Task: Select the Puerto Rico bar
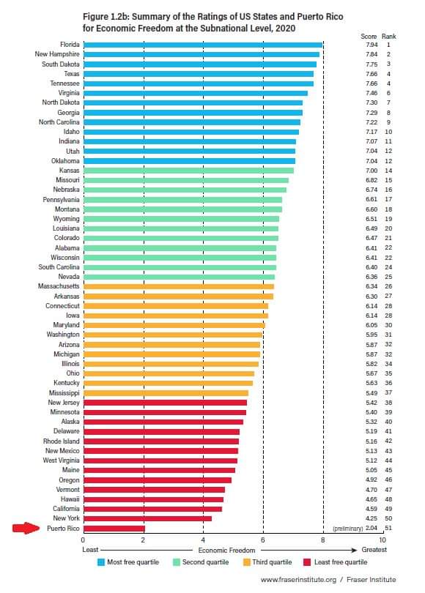(114, 528)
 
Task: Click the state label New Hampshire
(57, 54)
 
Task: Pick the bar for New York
(147, 518)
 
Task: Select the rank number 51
(388, 528)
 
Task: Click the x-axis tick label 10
(382, 540)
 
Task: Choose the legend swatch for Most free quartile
(103, 562)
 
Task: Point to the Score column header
(369, 36)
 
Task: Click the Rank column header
(388, 36)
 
